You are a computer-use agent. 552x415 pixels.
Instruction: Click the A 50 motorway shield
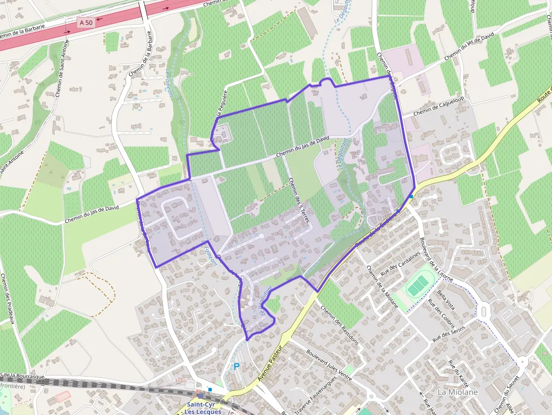(x=86, y=22)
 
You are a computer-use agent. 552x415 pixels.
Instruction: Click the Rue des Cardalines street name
(x=401, y=261)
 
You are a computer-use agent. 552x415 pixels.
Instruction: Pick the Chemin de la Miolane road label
(x=382, y=288)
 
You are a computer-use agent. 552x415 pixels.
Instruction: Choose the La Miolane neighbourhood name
(x=457, y=392)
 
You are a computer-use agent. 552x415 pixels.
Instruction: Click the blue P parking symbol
(x=237, y=367)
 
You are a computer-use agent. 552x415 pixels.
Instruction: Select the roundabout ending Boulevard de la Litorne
(x=483, y=310)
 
